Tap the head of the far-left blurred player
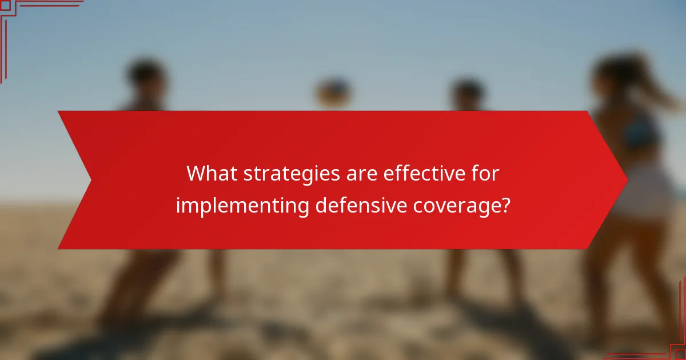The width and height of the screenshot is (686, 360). [x=146, y=77]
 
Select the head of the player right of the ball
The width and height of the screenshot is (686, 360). [x=468, y=91]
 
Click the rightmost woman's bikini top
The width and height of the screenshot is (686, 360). [x=643, y=134]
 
